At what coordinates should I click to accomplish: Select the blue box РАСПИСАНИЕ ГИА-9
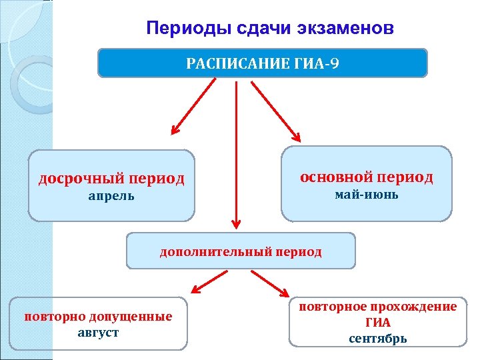click(x=262, y=63)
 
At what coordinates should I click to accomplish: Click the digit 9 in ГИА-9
click(x=336, y=64)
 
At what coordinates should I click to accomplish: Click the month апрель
click(x=111, y=197)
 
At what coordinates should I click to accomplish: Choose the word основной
click(x=335, y=177)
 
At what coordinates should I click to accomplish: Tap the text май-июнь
click(x=366, y=195)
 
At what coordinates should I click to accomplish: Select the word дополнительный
click(x=212, y=251)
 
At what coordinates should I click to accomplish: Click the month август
click(x=98, y=332)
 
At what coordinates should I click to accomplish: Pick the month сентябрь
click(x=377, y=338)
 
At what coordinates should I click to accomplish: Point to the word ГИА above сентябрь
click(x=378, y=323)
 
